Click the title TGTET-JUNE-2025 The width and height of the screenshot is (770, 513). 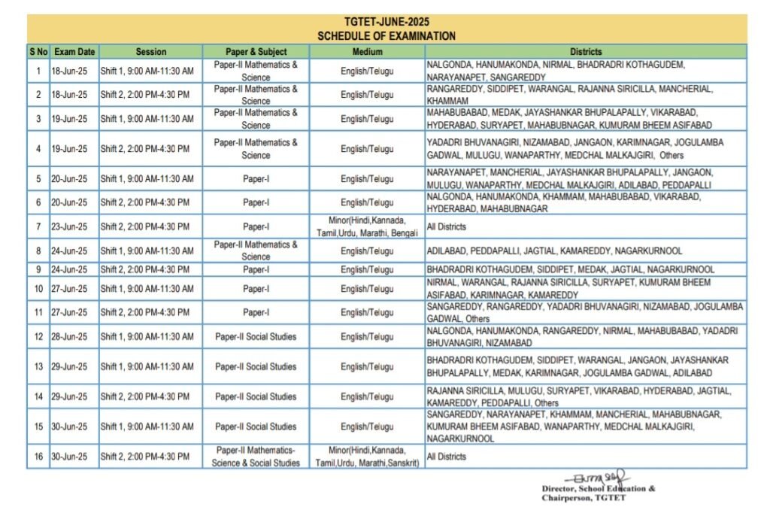point(387,22)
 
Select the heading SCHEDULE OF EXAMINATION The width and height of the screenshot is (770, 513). point(387,35)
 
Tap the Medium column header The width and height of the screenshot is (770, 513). point(367,52)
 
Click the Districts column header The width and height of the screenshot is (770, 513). point(586,52)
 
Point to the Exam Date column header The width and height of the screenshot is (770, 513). point(74,52)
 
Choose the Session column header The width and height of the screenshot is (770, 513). point(150,52)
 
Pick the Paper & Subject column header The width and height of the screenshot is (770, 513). point(256,52)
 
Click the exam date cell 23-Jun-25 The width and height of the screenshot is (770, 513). point(69,226)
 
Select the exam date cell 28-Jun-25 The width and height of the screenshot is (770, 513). point(69,336)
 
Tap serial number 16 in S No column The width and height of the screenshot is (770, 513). point(38,457)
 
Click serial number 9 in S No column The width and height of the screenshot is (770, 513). point(38,269)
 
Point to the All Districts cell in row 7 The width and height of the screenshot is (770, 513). point(447,226)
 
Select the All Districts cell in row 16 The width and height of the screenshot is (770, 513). point(447,457)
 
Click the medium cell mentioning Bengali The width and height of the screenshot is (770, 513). point(367,226)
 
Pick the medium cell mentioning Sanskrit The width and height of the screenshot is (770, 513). point(367,457)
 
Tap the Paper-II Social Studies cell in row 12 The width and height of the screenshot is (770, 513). point(256,336)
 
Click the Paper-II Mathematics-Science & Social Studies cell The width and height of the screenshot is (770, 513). point(256,457)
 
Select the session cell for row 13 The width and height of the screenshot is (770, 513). point(147,366)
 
